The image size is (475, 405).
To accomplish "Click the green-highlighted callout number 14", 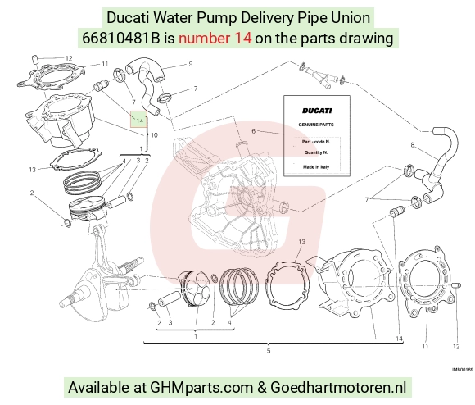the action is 139,121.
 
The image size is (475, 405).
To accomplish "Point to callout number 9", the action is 191,64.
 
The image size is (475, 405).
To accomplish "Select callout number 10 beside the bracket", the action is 154,135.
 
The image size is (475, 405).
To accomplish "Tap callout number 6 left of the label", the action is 254,131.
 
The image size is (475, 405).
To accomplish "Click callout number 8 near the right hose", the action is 412,145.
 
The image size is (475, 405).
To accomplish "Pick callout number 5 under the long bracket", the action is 269,351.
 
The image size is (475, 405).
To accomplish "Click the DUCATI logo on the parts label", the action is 317,111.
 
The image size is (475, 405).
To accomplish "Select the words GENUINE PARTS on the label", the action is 316,125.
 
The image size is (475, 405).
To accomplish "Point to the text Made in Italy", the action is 316,167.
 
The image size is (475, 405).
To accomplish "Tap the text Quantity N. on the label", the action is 316,152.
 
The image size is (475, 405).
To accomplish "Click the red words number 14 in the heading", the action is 215,39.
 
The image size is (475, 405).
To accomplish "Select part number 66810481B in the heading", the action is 121,39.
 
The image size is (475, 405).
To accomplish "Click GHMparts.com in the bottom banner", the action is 201,388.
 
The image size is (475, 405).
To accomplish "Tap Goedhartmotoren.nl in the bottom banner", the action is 338,387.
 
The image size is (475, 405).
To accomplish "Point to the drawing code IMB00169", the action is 463,370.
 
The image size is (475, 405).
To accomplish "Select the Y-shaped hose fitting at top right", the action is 322,75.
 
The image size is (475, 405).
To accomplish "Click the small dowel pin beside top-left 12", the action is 35,59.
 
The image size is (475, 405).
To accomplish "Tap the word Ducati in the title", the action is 128,17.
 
